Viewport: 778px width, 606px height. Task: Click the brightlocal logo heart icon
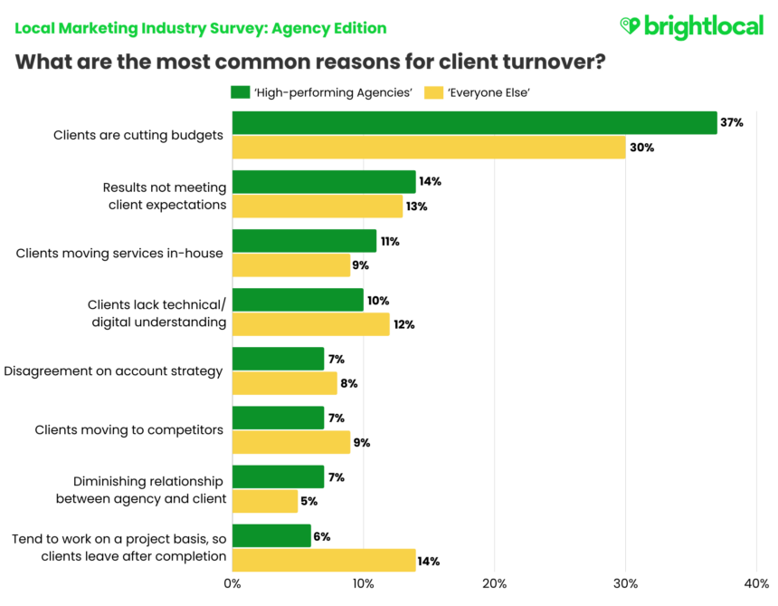pos(630,26)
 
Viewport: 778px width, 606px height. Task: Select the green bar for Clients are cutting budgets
pos(474,122)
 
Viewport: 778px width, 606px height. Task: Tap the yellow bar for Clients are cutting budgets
pos(429,147)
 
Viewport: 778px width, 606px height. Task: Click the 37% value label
pos(732,122)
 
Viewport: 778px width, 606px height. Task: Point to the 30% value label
pos(641,148)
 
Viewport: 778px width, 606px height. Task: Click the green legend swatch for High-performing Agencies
pos(240,91)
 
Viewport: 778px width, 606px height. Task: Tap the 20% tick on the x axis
pos(494,584)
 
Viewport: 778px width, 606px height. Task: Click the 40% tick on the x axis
pos(755,584)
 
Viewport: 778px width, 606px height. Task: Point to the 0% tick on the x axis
pos(232,584)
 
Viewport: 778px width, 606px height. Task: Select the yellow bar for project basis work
pos(324,561)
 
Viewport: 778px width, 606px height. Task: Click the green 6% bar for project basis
pos(271,536)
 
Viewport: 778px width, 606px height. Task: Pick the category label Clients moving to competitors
pos(128,429)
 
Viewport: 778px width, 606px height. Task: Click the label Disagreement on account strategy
pos(113,370)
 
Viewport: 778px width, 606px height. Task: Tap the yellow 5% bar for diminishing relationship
pos(265,501)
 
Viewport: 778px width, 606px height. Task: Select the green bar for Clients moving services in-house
pos(304,241)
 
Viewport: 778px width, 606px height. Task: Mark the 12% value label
pos(403,324)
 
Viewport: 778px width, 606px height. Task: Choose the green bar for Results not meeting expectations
pos(324,181)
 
